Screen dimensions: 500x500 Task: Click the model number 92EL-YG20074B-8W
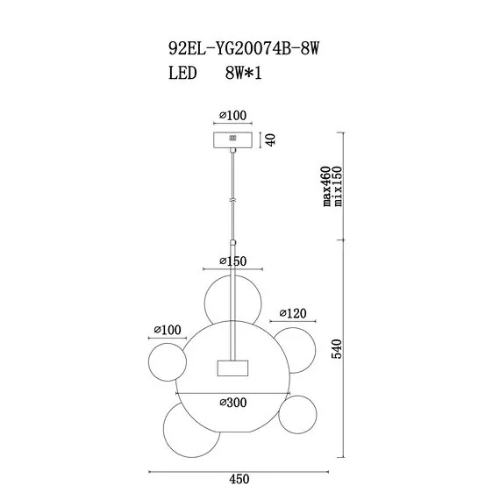pos(244,49)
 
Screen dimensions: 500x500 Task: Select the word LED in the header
pos(182,73)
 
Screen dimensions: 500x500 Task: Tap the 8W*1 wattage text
pos(243,73)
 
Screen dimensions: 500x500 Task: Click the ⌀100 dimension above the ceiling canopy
pos(233,115)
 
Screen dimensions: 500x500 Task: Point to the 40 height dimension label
pos(270,139)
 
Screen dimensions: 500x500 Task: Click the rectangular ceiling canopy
pos(232,140)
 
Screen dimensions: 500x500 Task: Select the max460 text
pos(326,186)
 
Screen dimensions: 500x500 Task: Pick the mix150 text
pos(337,186)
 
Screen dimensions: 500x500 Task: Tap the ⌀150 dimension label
pos(233,261)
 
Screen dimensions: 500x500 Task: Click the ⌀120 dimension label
pos(293,313)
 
